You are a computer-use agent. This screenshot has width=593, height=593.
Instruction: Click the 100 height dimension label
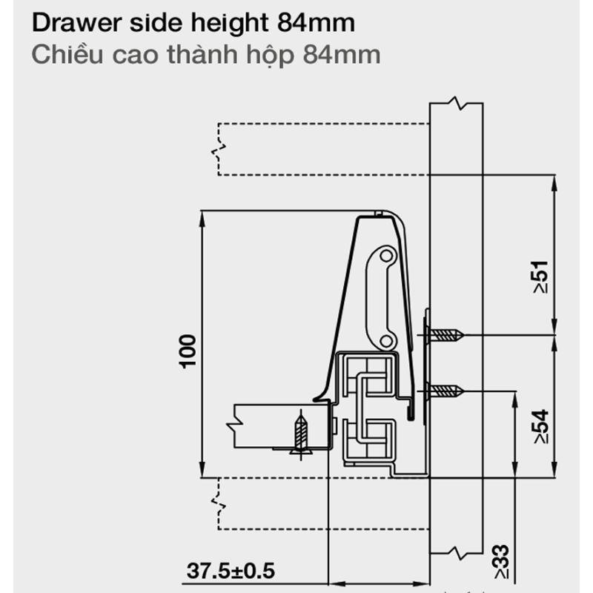pos(188,351)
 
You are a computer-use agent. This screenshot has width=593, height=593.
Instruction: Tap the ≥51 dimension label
pos(540,276)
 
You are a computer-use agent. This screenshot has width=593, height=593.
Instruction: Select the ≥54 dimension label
pos(540,426)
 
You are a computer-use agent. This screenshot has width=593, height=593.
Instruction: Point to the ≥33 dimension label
pos(501,561)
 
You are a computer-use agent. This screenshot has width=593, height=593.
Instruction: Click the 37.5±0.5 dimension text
pos(231,571)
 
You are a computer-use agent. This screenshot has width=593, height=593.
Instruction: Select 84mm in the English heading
pos(317,23)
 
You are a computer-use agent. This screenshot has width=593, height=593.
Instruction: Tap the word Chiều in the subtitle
pos(67,54)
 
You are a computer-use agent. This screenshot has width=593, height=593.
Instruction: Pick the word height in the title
pos(230,24)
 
